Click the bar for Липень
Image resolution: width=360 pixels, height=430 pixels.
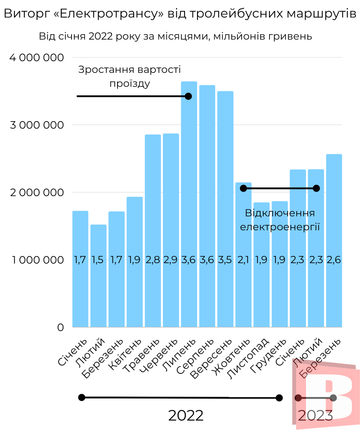pos(189,202)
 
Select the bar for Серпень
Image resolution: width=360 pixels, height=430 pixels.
pos(207,202)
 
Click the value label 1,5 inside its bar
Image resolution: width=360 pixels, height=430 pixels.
pos(98,260)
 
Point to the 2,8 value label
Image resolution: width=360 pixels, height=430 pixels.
pos(153,260)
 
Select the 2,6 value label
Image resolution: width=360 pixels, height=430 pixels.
pos(334,260)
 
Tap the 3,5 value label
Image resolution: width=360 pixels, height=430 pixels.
pos(225,260)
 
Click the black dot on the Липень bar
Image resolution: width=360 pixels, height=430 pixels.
pos(188,96)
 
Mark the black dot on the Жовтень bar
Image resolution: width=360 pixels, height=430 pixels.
pos(243,188)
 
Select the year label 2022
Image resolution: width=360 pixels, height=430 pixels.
pos(186,415)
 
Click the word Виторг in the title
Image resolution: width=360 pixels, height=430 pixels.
pos(26,14)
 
